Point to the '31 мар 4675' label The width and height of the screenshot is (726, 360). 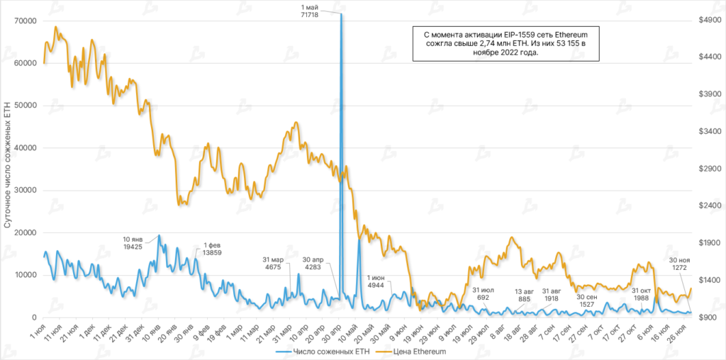pyautogui.click(x=273, y=263)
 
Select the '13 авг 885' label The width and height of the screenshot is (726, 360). pyautogui.click(x=524, y=295)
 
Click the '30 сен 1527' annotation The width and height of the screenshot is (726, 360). pyautogui.click(x=586, y=300)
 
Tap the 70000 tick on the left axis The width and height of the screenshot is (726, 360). pyautogui.click(x=26, y=21)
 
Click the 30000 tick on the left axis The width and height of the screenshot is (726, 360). pyautogui.click(x=26, y=190)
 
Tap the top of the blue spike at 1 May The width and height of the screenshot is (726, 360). pyautogui.click(x=341, y=14)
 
